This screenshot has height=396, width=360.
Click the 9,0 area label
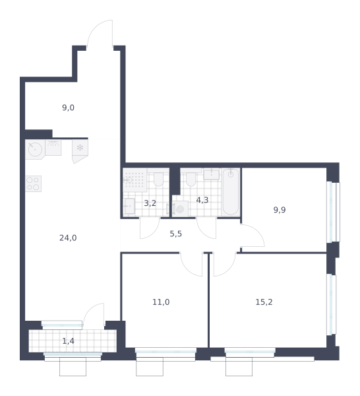tap(68, 108)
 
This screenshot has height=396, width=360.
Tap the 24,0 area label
tap(68, 238)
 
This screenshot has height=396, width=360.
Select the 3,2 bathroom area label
tap(150, 203)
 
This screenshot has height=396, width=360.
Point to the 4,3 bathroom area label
tap(202, 200)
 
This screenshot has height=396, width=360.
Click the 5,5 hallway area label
tap(176, 234)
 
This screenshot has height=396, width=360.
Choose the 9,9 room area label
tap(280, 210)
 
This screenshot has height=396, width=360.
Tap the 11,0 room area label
tap(161, 302)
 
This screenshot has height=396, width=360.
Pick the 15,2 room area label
tap(264, 302)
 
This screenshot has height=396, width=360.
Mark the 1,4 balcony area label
tap(68, 341)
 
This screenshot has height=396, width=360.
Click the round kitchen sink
tap(35, 149)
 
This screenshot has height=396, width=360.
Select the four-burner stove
tap(34, 183)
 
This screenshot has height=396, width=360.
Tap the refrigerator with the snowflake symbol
tap(80, 151)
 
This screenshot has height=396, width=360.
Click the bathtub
tap(231, 192)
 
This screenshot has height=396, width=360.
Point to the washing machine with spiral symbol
tap(180, 209)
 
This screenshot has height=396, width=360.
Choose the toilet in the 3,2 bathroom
tap(158, 180)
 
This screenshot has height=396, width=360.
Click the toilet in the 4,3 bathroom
tap(191, 180)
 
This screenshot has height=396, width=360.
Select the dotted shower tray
tap(135, 180)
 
